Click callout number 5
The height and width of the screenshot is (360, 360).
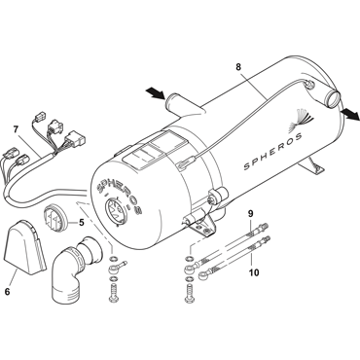[x=81, y=222]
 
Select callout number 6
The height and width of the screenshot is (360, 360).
[x=7, y=292]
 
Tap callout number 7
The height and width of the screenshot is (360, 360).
[x=16, y=129]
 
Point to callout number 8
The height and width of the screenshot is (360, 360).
[x=238, y=67]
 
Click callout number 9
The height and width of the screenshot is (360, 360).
[x=251, y=213]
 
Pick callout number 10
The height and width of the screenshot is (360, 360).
[x=254, y=272]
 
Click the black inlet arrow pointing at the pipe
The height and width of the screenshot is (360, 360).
[x=156, y=93]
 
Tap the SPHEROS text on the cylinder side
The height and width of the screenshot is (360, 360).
[x=272, y=152]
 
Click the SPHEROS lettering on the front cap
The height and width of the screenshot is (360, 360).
[x=120, y=198]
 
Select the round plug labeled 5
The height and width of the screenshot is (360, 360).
[x=55, y=220]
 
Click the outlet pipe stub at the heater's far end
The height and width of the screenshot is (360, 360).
[x=332, y=97]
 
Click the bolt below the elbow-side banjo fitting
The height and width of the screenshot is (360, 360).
[x=114, y=294]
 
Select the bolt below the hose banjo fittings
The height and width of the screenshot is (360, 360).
[x=189, y=295]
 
